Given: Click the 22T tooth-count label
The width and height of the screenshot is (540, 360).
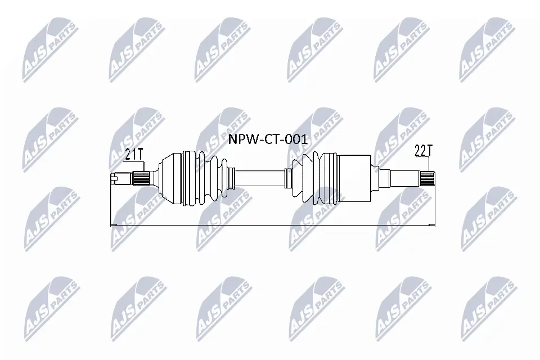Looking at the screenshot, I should [423, 150].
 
